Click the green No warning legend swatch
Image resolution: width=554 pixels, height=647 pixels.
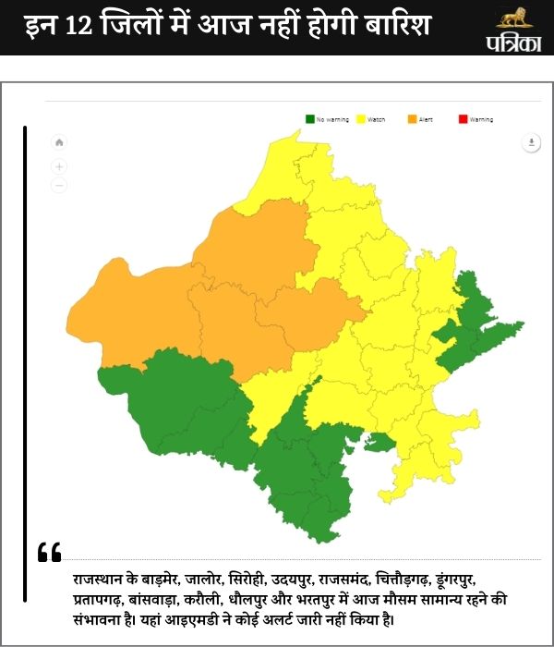[309, 119]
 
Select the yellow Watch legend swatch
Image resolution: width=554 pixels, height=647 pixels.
[361, 119]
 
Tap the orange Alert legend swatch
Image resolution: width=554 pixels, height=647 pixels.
[412, 119]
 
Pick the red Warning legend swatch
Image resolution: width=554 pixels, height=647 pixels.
[463, 119]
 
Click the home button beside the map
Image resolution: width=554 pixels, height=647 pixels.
[59, 142]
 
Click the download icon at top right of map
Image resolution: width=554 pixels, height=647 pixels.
[531, 142]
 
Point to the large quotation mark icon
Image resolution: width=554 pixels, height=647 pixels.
[50, 553]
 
